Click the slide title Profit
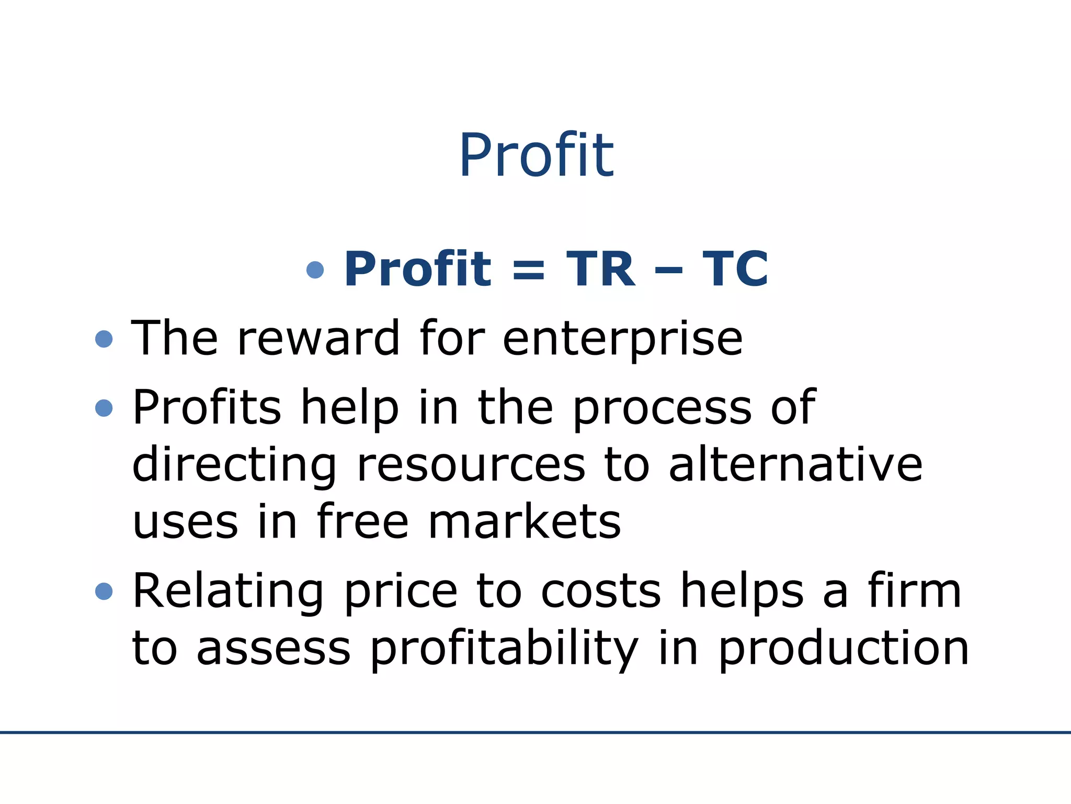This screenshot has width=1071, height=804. coord(536,155)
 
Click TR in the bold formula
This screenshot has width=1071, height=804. coord(601,269)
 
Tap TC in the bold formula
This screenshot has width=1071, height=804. coord(735,269)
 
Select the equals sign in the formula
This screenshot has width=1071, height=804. coord(529,271)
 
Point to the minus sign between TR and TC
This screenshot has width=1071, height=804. coord(668,271)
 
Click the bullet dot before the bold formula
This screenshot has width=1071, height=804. coord(315,270)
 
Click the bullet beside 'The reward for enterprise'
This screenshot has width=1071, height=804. coord(104,339)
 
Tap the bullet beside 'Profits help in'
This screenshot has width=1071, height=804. coord(104,408)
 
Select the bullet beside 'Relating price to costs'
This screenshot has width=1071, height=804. coord(104,591)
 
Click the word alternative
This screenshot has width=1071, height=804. coord(795,464)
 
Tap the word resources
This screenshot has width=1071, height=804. coord(471,465)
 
